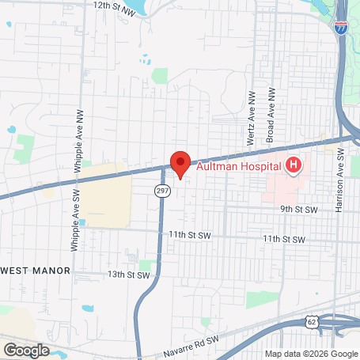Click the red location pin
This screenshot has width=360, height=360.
click(180, 163)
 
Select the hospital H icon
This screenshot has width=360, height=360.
click(294, 165)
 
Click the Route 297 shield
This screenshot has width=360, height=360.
click(161, 191)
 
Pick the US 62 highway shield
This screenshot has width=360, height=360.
click(313, 320)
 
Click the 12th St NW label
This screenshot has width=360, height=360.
click(114, 5)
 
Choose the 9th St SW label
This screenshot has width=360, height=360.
click(298, 210)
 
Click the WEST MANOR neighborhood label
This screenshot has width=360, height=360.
click(35, 270)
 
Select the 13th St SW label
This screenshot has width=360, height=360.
click(128, 275)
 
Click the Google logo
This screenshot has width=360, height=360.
click(26, 350)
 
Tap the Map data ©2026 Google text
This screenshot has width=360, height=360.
click(311, 354)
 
